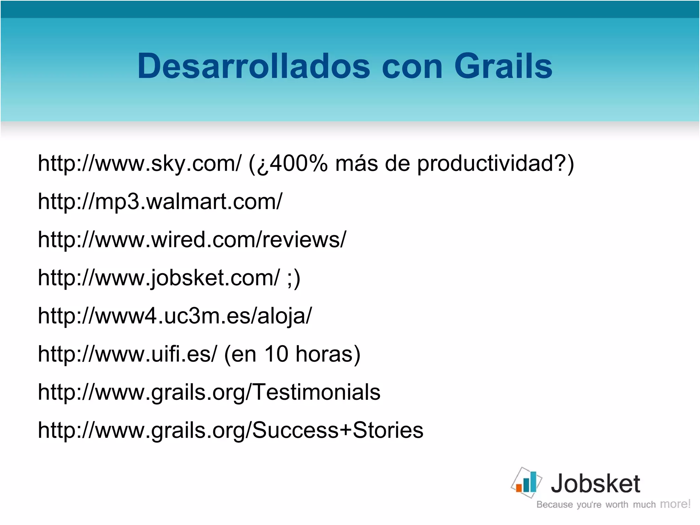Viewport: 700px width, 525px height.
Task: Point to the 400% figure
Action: pyautogui.click(x=299, y=163)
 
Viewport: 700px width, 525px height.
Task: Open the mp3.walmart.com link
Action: pyautogui.click(x=160, y=202)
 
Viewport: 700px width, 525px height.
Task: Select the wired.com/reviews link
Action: pyautogui.click(x=192, y=239)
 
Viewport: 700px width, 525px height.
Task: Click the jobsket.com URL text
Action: pyautogui.click(x=159, y=278)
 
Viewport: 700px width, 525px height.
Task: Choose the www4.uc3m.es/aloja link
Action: pyautogui.click(x=175, y=316)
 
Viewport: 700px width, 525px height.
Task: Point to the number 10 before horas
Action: pyautogui.click(x=276, y=354)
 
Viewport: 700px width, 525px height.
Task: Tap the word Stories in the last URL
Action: pyautogui.click(x=388, y=430)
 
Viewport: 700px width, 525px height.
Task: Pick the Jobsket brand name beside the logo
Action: pyautogui.click(x=595, y=484)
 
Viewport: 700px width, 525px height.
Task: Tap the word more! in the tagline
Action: pyautogui.click(x=675, y=504)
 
